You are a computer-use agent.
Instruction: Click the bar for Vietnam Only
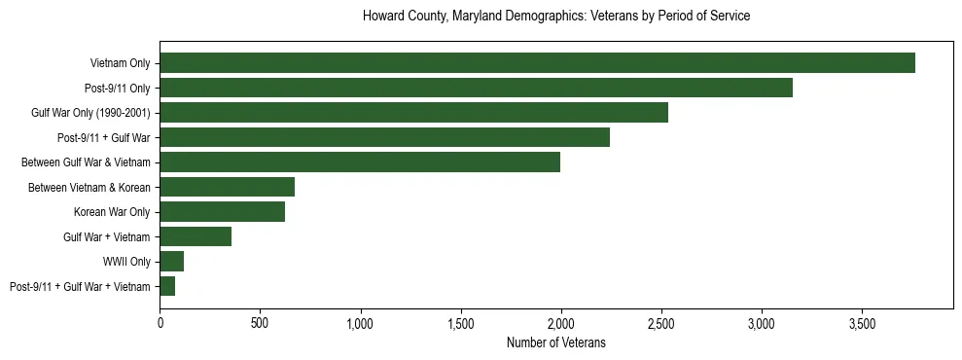pos(537,62)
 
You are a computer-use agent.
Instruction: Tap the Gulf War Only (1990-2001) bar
pos(413,112)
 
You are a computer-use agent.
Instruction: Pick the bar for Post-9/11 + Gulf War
pos(384,137)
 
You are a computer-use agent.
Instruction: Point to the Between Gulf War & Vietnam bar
pos(360,162)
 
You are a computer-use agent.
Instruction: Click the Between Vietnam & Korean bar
pos(227,187)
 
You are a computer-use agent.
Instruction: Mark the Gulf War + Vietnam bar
pos(196,236)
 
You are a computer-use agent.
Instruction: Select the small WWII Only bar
pos(171,261)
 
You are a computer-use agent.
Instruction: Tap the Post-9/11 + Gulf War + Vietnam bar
pos(167,286)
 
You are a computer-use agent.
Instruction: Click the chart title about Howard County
pos(555,17)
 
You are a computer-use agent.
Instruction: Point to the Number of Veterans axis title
pos(555,342)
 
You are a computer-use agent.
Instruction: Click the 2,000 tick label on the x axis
pos(561,323)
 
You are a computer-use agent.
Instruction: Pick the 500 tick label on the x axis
pos(260,323)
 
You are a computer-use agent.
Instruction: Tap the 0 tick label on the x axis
pos(160,323)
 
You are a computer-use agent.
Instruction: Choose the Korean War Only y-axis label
pos(112,212)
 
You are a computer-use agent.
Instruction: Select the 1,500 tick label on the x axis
pos(461,323)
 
